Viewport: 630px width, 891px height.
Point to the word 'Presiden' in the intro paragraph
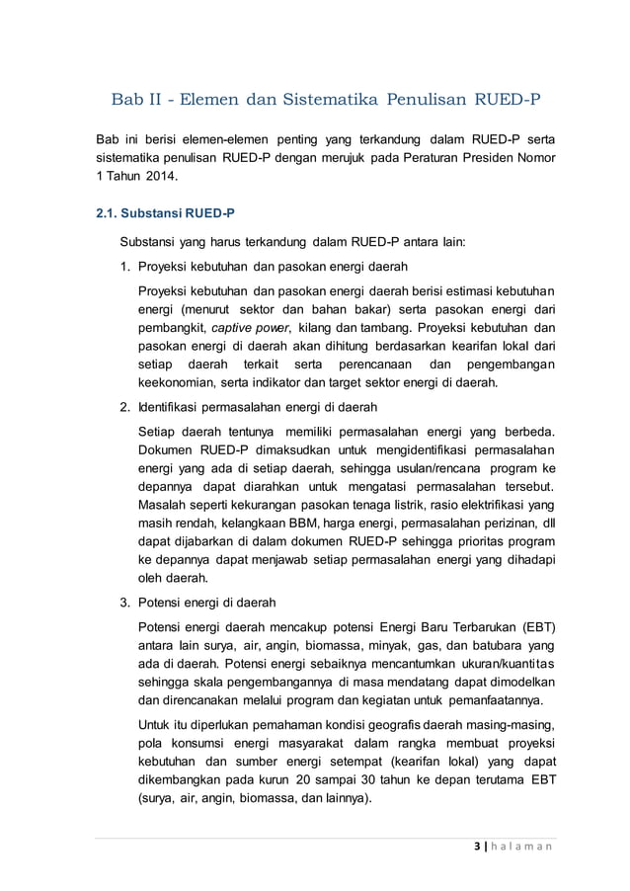click(486, 158)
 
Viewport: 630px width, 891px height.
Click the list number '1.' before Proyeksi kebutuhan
click(125, 267)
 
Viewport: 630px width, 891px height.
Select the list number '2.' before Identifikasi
click(125, 407)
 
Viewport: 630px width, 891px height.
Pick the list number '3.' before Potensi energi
click(125, 602)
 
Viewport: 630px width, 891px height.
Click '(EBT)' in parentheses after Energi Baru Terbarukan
click(532, 629)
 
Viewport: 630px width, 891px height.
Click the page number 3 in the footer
click(478, 846)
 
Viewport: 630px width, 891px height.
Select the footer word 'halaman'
click(523, 846)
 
